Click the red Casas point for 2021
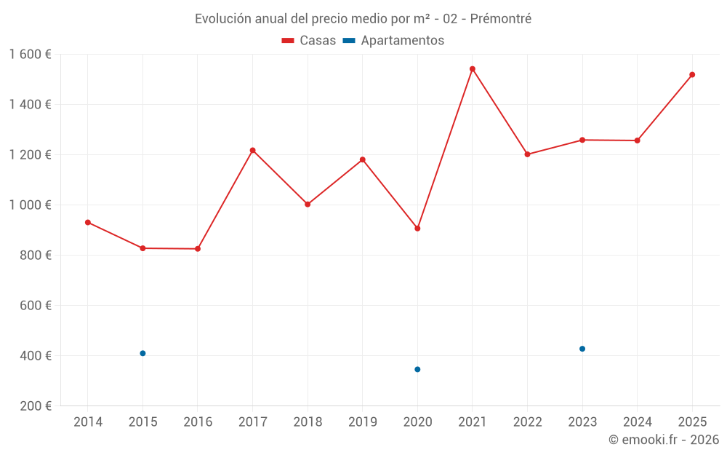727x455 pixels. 473,69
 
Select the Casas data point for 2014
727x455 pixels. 88,222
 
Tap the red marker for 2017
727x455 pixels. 252,151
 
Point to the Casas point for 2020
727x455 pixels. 417,229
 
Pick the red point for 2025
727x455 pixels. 692,74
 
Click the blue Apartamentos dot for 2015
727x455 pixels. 142,353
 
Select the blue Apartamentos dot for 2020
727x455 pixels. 417,369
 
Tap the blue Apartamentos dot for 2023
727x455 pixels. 582,349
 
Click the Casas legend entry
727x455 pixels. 309,41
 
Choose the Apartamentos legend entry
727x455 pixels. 393,41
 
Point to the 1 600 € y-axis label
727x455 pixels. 30,55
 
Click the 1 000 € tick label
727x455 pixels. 30,205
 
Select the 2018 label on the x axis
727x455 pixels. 308,422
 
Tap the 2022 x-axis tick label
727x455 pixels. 527,422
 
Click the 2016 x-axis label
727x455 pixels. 198,422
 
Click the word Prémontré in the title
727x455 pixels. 501,19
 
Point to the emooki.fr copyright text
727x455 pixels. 664,440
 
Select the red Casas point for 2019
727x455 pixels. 362,159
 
